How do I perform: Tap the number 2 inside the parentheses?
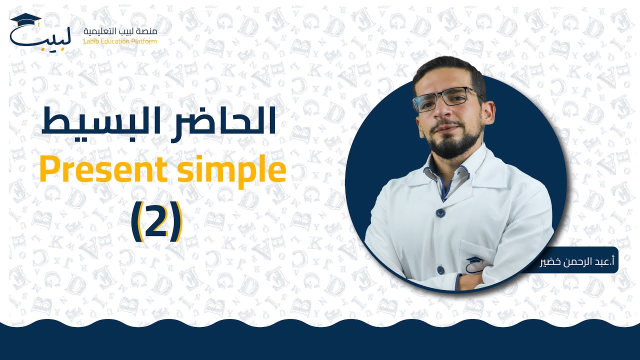click(157, 221)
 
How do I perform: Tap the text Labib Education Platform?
click(120, 40)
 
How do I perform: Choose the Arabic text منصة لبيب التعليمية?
click(120, 31)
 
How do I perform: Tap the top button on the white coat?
click(440, 212)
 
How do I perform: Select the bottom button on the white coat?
click(440, 270)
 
